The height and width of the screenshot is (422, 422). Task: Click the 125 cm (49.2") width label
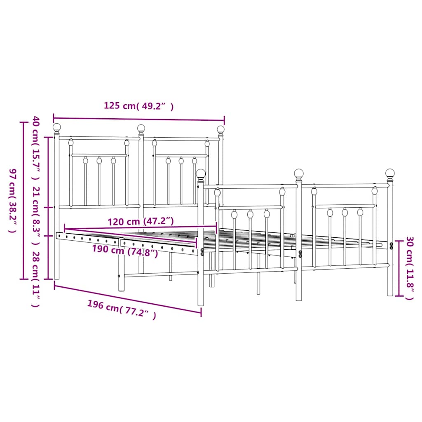point(138,106)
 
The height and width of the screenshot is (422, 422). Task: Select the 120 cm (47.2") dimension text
point(141,222)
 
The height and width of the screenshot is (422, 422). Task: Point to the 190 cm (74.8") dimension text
point(125,251)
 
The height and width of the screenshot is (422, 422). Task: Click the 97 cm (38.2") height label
point(13,201)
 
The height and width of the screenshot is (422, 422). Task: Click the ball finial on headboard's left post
point(57,127)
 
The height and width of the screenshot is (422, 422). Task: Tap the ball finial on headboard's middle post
point(141,128)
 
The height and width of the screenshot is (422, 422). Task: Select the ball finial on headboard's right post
point(221,129)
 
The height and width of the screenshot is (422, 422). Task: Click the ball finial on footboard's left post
point(201,173)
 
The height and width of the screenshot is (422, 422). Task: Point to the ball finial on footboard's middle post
point(299,173)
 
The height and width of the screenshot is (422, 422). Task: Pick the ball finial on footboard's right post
point(390,173)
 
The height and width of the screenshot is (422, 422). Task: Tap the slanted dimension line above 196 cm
point(128,300)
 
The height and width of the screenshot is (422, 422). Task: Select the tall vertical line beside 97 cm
point(23,201)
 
